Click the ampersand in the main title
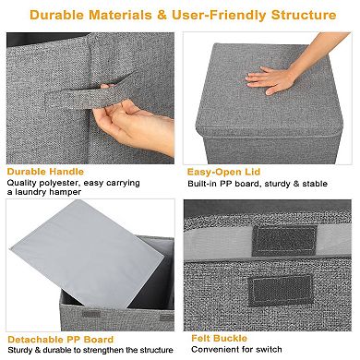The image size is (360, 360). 171,16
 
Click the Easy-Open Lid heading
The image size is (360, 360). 226,172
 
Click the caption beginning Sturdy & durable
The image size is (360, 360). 88,351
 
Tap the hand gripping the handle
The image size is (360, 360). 129,122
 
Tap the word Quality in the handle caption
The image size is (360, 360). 21,183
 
